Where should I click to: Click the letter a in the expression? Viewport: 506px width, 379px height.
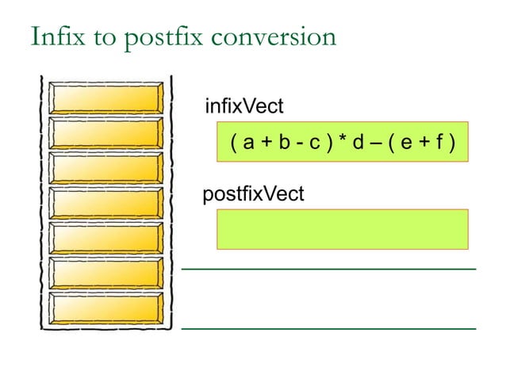pyautogui.click(x=248, y=144)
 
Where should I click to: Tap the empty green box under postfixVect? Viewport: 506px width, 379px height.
pyautogui.click(x=342, y=229)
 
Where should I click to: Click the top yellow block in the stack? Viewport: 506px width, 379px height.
pyautogui.click(x=105, y=98)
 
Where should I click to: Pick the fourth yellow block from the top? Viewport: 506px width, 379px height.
pyautogui.click(x=105, y=204)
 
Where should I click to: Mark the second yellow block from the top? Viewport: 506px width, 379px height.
pyautogui.click(x=105, y=133)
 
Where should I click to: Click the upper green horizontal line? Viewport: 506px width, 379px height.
pyautogui.click(x=328, y=270)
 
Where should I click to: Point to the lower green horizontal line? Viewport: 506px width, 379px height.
pyautogui.click(x=328, y=327)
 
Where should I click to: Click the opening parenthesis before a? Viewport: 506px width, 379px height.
pyautogui.click(x=234, y=144)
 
